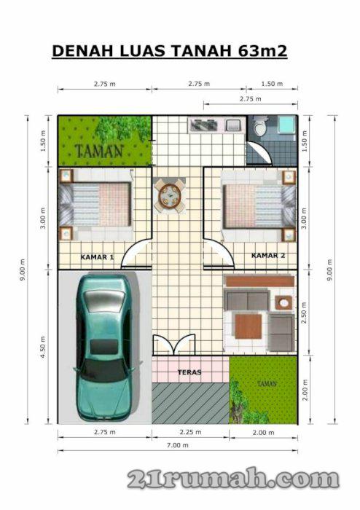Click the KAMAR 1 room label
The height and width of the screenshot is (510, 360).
click(97, 257)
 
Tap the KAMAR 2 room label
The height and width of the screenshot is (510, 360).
click(268, 256)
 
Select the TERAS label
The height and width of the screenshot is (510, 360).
click(189, 372)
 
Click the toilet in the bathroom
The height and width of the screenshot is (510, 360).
click(260, 127)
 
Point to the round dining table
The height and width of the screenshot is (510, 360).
click(169, 196)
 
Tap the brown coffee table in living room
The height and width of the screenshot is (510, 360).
click(248, 326)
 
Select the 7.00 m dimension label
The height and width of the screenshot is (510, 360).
click(178, 445)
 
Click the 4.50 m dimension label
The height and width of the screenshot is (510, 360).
click(43, 347)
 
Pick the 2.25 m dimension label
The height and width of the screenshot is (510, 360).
click(191, 432)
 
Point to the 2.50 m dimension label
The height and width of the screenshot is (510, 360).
click(304, 313)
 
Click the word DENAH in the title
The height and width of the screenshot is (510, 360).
click(82, 51)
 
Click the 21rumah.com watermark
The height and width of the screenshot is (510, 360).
click(233, 478)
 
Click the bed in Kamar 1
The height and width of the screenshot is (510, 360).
click(95, 204)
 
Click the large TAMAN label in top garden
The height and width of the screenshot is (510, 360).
click(99, 151)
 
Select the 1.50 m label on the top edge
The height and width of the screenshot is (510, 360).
click(272, 84)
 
